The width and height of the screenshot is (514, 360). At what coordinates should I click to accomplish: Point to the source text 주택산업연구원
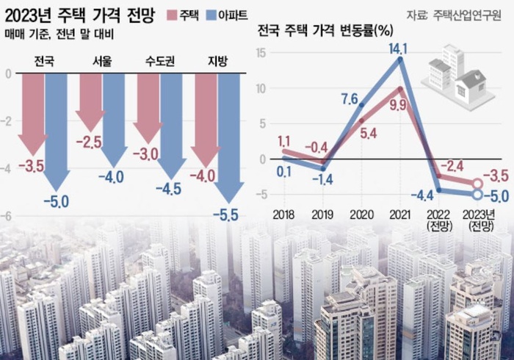pos(470,14)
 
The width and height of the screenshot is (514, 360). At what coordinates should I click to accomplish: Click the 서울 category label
pos(102,62)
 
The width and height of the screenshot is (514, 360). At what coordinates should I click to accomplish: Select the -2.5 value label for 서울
pos(90,141)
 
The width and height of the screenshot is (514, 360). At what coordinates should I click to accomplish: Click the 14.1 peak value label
pos(400,50)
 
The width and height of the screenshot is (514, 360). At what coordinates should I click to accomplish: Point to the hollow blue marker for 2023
pos(477,195)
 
